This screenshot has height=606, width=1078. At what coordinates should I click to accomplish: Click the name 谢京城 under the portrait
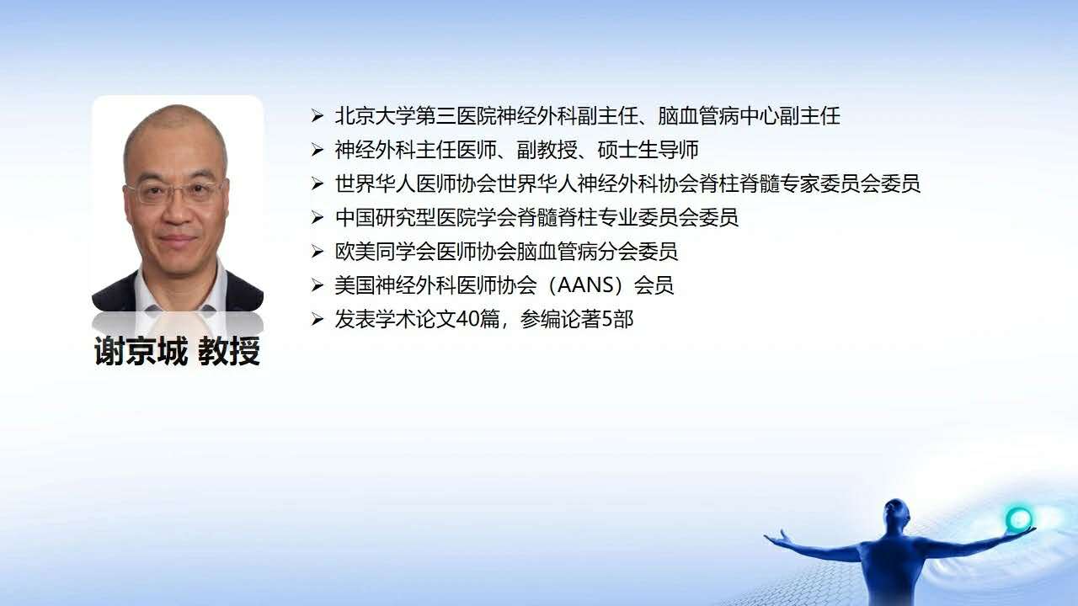click(141, 351)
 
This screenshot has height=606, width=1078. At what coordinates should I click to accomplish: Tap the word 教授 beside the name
click(229, 351)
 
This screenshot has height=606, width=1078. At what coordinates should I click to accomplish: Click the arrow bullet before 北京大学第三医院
click(318, 116)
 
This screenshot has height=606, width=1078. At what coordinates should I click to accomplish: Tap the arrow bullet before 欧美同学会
click(318, 252)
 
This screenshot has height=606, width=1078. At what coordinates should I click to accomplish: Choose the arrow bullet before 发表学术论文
click(318, 319)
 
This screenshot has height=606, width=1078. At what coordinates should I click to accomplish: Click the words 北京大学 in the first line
click(375, 116)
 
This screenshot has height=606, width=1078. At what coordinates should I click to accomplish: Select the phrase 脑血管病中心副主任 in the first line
click(749, 116)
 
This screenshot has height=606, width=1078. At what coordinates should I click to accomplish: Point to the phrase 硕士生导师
click(648, 150)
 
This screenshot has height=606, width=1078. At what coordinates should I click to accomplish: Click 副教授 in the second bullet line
click(547, 150)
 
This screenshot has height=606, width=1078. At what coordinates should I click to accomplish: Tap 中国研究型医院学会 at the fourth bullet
click(426, 217)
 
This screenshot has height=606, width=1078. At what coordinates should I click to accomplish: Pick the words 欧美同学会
click(386, 252)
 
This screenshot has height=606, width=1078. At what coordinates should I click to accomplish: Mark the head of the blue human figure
click(896, 514)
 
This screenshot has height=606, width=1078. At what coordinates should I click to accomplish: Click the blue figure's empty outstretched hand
click(775, 537)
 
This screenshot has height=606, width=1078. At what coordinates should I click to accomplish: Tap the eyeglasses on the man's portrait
click(177, 191)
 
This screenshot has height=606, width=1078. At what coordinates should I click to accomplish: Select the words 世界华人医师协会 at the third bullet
click(416, 183)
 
